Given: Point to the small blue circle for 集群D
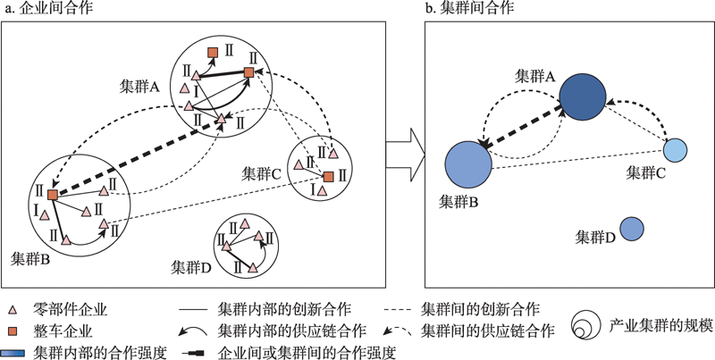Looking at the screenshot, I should pos(632,229).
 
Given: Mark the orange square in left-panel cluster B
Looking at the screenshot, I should pos(53,194).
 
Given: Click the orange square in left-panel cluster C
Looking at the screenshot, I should pos(329,177).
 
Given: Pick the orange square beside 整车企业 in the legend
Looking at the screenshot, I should pos(13,332).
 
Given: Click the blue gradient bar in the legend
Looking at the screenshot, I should pos(13,352).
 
